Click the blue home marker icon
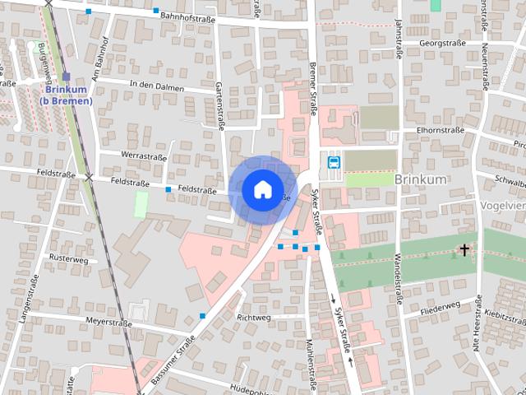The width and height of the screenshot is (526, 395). point(261,189)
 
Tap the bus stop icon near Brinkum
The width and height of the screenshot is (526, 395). point(335,162)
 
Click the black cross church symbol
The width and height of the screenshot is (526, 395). point(464,249)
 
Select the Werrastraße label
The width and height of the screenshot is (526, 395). point(144,156)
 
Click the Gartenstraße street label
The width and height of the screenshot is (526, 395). point(219,105)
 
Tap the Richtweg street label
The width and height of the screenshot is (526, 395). point(252,317)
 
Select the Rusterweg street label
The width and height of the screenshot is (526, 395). point(68,258)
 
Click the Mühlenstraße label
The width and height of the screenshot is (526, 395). point(311,362)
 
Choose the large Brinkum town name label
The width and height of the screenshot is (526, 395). point(419,178)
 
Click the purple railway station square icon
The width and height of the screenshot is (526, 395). point(66,77)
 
